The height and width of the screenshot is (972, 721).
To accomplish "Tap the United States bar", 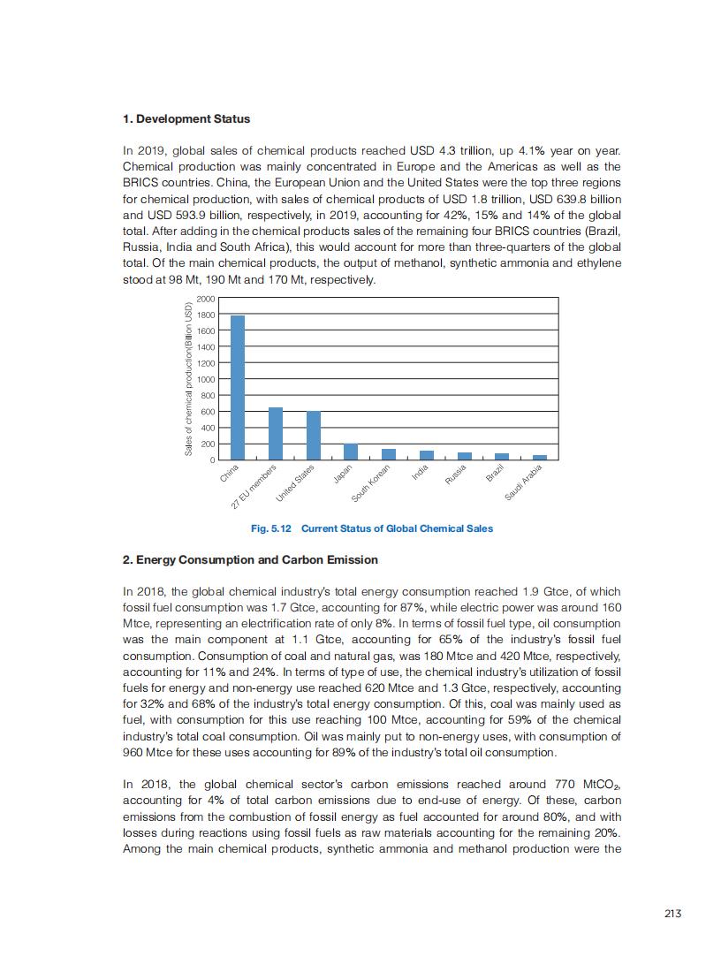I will (314, 436).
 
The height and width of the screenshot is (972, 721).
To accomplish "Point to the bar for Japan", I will (351, 452).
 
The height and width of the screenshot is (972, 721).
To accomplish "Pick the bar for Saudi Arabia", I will (540, 457).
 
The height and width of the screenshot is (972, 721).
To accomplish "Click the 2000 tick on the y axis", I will (206, 299).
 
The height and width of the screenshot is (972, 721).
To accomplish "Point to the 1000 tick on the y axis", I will (206, 379).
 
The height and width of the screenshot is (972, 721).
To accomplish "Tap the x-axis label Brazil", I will (495, 473).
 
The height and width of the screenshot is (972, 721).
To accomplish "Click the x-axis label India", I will (420, 473).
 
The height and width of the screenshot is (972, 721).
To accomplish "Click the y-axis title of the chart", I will (188, 379).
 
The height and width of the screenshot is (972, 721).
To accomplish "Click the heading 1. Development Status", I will (186, 118).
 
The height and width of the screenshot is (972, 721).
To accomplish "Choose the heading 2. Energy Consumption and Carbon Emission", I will (250, 559).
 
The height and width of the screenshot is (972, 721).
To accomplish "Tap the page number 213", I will (672, 914).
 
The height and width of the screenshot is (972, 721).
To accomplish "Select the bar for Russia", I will (465, 456).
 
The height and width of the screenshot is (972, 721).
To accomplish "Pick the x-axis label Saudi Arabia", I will (523, 482).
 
